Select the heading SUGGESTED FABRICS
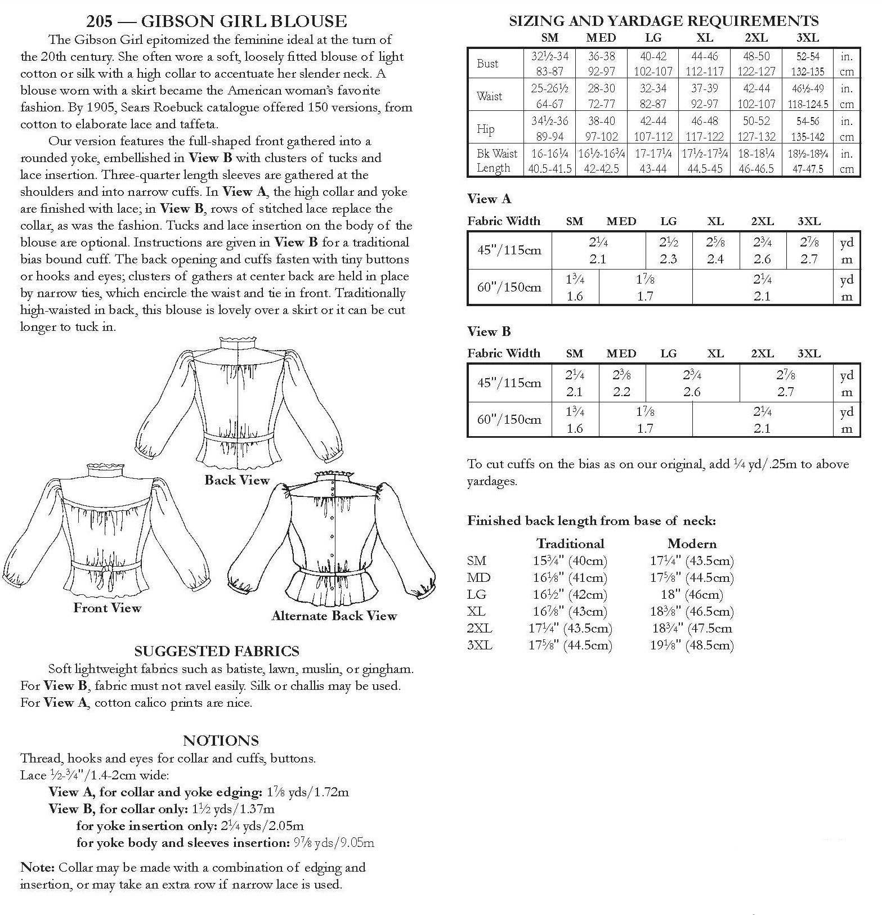tap(217, 651)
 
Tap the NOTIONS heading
tap(221, 741)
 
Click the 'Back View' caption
tap(237, 480)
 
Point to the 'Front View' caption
tap(107, 608)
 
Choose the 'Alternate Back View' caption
tap(334, 616)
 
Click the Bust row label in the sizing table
tap(487, 64)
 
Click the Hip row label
tap(486, 129)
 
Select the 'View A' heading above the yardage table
tap(489, 199)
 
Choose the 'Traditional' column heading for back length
tap(570, 544)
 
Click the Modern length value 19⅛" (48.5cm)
tap(692, 645)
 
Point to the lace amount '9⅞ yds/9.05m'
tap(334, 843)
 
